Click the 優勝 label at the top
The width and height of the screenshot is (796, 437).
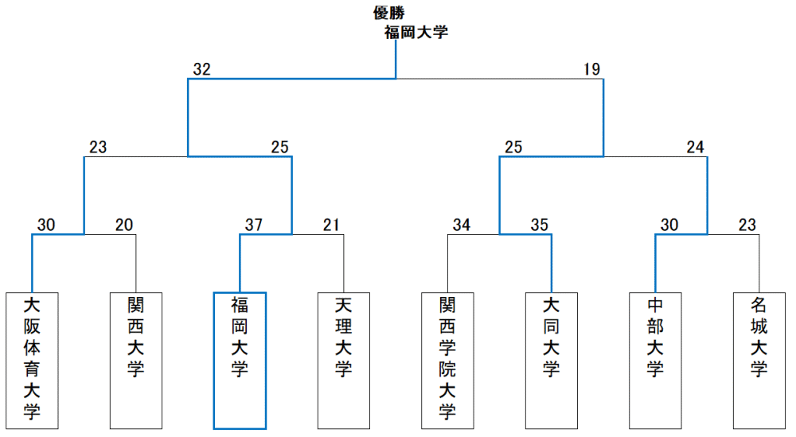coord(389,14)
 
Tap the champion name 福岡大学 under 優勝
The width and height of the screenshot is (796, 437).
coord(416,33)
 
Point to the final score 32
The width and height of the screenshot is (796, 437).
coord(201,69)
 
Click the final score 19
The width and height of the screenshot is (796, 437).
coord(592,69)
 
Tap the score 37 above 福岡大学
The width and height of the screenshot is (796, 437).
coord(254,224)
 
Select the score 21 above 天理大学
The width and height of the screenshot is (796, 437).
coord(331,224)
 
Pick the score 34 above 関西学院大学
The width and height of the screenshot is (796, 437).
coord(462,224)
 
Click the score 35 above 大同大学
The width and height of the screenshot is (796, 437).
coord(540,224)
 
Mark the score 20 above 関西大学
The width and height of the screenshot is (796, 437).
coord(124,224)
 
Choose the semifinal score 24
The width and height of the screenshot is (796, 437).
coord(696,147)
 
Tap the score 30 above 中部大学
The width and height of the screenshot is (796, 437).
coord(669,224)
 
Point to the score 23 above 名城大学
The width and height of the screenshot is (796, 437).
coord(747,224)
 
